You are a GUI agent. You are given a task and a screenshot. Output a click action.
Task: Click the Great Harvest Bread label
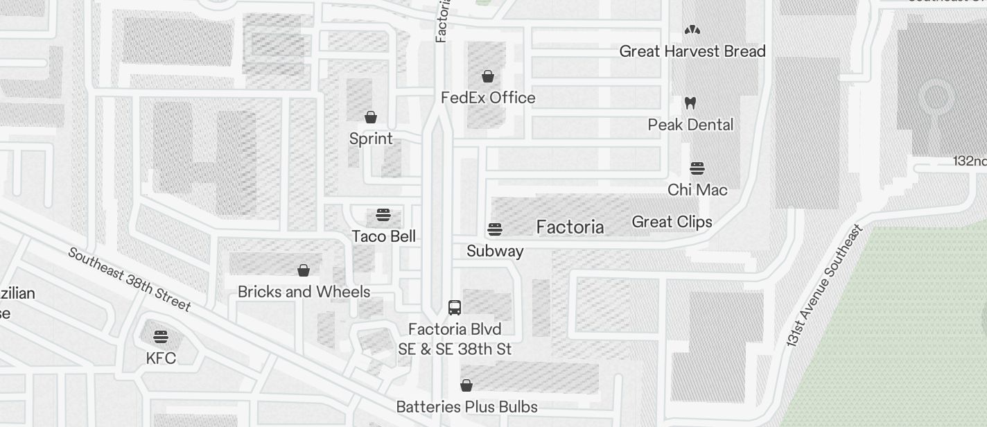(x=692, y=51)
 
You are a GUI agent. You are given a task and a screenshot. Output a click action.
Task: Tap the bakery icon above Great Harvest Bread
(x=692, y=30)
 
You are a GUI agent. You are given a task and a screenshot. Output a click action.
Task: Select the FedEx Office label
(x=488, y=98)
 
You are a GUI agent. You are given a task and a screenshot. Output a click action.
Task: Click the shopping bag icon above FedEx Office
(x=488, y=76)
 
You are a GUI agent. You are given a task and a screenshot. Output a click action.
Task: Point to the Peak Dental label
(x=690, y=125)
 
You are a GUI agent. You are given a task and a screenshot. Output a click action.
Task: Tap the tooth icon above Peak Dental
(x=690, y=103)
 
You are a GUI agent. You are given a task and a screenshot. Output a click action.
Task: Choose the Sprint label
(x=371, y=139)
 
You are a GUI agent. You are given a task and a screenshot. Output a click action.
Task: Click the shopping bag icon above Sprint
(x=371, y=117)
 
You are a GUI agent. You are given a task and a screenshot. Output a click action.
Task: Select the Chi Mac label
(x=697, y=190)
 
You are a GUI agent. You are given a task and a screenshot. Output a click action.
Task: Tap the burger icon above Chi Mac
(x=697, y=168)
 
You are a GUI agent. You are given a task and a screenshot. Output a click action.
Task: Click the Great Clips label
(x=672, y=222)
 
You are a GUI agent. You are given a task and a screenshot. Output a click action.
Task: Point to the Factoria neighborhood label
(x=570, y=227)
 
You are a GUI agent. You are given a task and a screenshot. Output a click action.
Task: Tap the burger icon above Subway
(x=494, y=229)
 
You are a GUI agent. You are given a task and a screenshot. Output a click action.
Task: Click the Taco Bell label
(x=383, y=236)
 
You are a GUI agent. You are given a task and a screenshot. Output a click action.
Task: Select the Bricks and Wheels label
(x=304, y=292)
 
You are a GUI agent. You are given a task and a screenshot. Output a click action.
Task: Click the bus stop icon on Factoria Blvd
(x=455, y=307)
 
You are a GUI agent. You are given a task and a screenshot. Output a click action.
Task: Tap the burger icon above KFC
(x=161, y=337)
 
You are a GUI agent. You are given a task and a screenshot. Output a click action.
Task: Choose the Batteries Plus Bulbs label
(x=466, y=406)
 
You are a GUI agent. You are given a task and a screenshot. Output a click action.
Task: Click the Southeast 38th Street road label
(x=129, y=279)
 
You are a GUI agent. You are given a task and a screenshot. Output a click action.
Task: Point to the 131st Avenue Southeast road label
(x=824, y=286)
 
